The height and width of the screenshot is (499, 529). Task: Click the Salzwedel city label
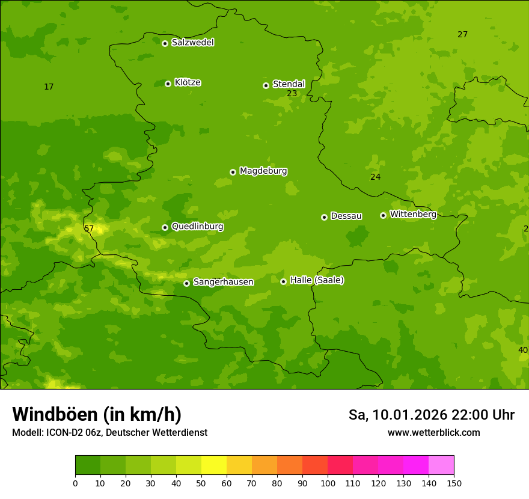click(x=192, y=43)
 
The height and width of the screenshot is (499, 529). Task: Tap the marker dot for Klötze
click(x=168, y=84)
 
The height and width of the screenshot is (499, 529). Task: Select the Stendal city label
click(x=289, y=84)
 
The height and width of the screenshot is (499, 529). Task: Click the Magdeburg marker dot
click(x=233, y=172)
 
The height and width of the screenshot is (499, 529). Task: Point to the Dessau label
click(x=346, y=216)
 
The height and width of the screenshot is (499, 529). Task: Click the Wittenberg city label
click(x=412, y=214)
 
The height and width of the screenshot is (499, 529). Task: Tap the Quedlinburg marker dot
click(x=165, y=227)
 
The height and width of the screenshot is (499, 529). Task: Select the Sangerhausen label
click(x=223, y=282)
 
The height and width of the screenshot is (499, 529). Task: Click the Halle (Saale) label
click(x=317, y=280)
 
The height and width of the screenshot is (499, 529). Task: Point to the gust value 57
click(x=89, y=228)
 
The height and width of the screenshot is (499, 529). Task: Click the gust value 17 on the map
click(x=49, y=87)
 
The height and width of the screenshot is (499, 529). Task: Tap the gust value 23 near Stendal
click(x=292, y=94)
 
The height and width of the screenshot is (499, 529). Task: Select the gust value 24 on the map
click(x=375, y=177)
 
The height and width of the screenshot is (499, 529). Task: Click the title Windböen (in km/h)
click(x=97, y=414)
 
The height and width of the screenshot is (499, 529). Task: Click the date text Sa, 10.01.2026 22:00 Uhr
click(x=431, y=415)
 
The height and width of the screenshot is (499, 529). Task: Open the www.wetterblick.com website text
click(x=433, y=433)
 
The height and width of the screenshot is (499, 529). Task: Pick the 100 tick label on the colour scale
click(x=328, y=483)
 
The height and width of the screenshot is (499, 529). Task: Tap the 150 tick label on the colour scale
click(x=454, y=483)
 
